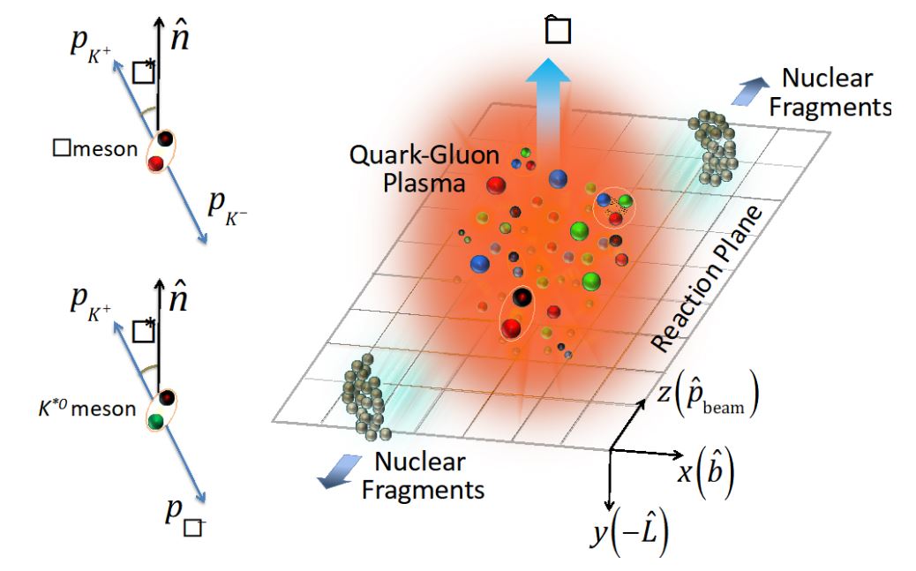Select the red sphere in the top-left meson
[156, 162]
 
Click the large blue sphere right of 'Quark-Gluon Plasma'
[558, 180]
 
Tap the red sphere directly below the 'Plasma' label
[496, 186]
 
